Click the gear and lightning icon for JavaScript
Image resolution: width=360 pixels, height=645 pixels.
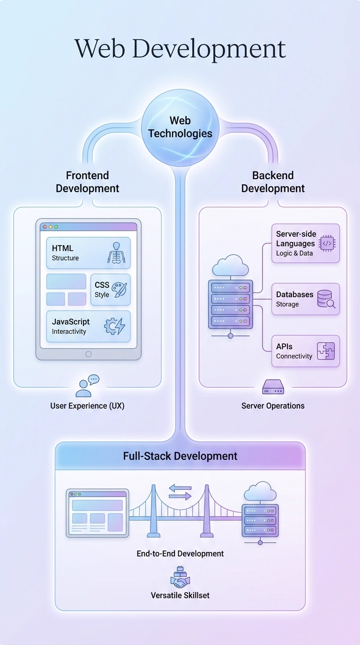tap(114, 326)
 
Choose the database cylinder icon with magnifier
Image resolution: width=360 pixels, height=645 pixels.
tap(326, 299)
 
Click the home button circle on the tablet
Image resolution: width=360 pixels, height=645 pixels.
tap(89, 354)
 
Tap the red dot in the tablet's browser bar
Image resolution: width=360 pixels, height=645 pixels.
tap(45, 227)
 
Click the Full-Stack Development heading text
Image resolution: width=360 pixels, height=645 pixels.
tap(180, 456)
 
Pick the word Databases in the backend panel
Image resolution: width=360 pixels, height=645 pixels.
tap(294, 294)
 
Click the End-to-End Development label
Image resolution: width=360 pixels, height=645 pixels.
tap(180, 554)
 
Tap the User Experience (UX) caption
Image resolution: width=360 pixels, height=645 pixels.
tap(87, 406)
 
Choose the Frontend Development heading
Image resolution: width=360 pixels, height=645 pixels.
tap(87, 182)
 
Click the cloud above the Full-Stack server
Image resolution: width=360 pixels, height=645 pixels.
tap(261, 492)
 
